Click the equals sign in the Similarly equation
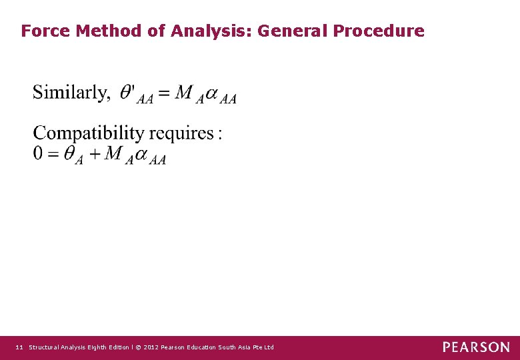(164, 93)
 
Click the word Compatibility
(89, 133)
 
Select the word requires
(183, 134)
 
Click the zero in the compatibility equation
(39, 153)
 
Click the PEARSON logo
(476, 347)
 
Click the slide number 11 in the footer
(19, 347)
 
